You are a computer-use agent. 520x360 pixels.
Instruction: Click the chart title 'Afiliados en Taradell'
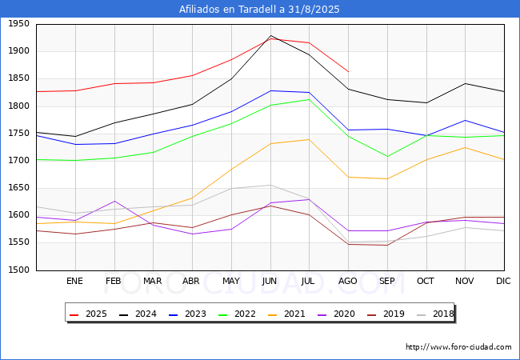(259, 10)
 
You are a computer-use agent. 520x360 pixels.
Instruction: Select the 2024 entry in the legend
(138, 314)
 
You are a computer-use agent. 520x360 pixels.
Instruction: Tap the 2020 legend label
(336, 314)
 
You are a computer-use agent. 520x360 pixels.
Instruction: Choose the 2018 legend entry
(435, 314)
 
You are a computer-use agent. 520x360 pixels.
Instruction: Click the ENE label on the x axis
(75, 281)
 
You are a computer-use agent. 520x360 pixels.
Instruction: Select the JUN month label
(270, 281)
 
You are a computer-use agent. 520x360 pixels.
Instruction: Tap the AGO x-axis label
(348, 281)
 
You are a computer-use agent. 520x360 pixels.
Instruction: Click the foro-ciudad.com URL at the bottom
(458, 347)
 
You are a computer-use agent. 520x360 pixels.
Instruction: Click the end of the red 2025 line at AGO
(348, 71)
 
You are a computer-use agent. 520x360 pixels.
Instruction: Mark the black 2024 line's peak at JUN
(270, 36)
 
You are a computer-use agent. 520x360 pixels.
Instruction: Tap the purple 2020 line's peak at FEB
(114, 202)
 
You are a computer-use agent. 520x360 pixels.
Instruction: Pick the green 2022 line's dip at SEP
(387, 156)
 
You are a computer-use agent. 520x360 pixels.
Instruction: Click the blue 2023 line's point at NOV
(465, 120)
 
